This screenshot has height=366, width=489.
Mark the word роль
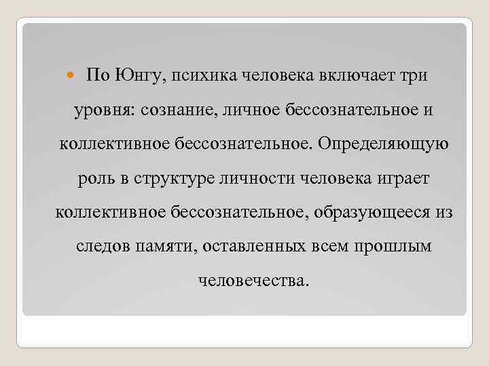91,180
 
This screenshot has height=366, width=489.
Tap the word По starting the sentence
96,75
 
